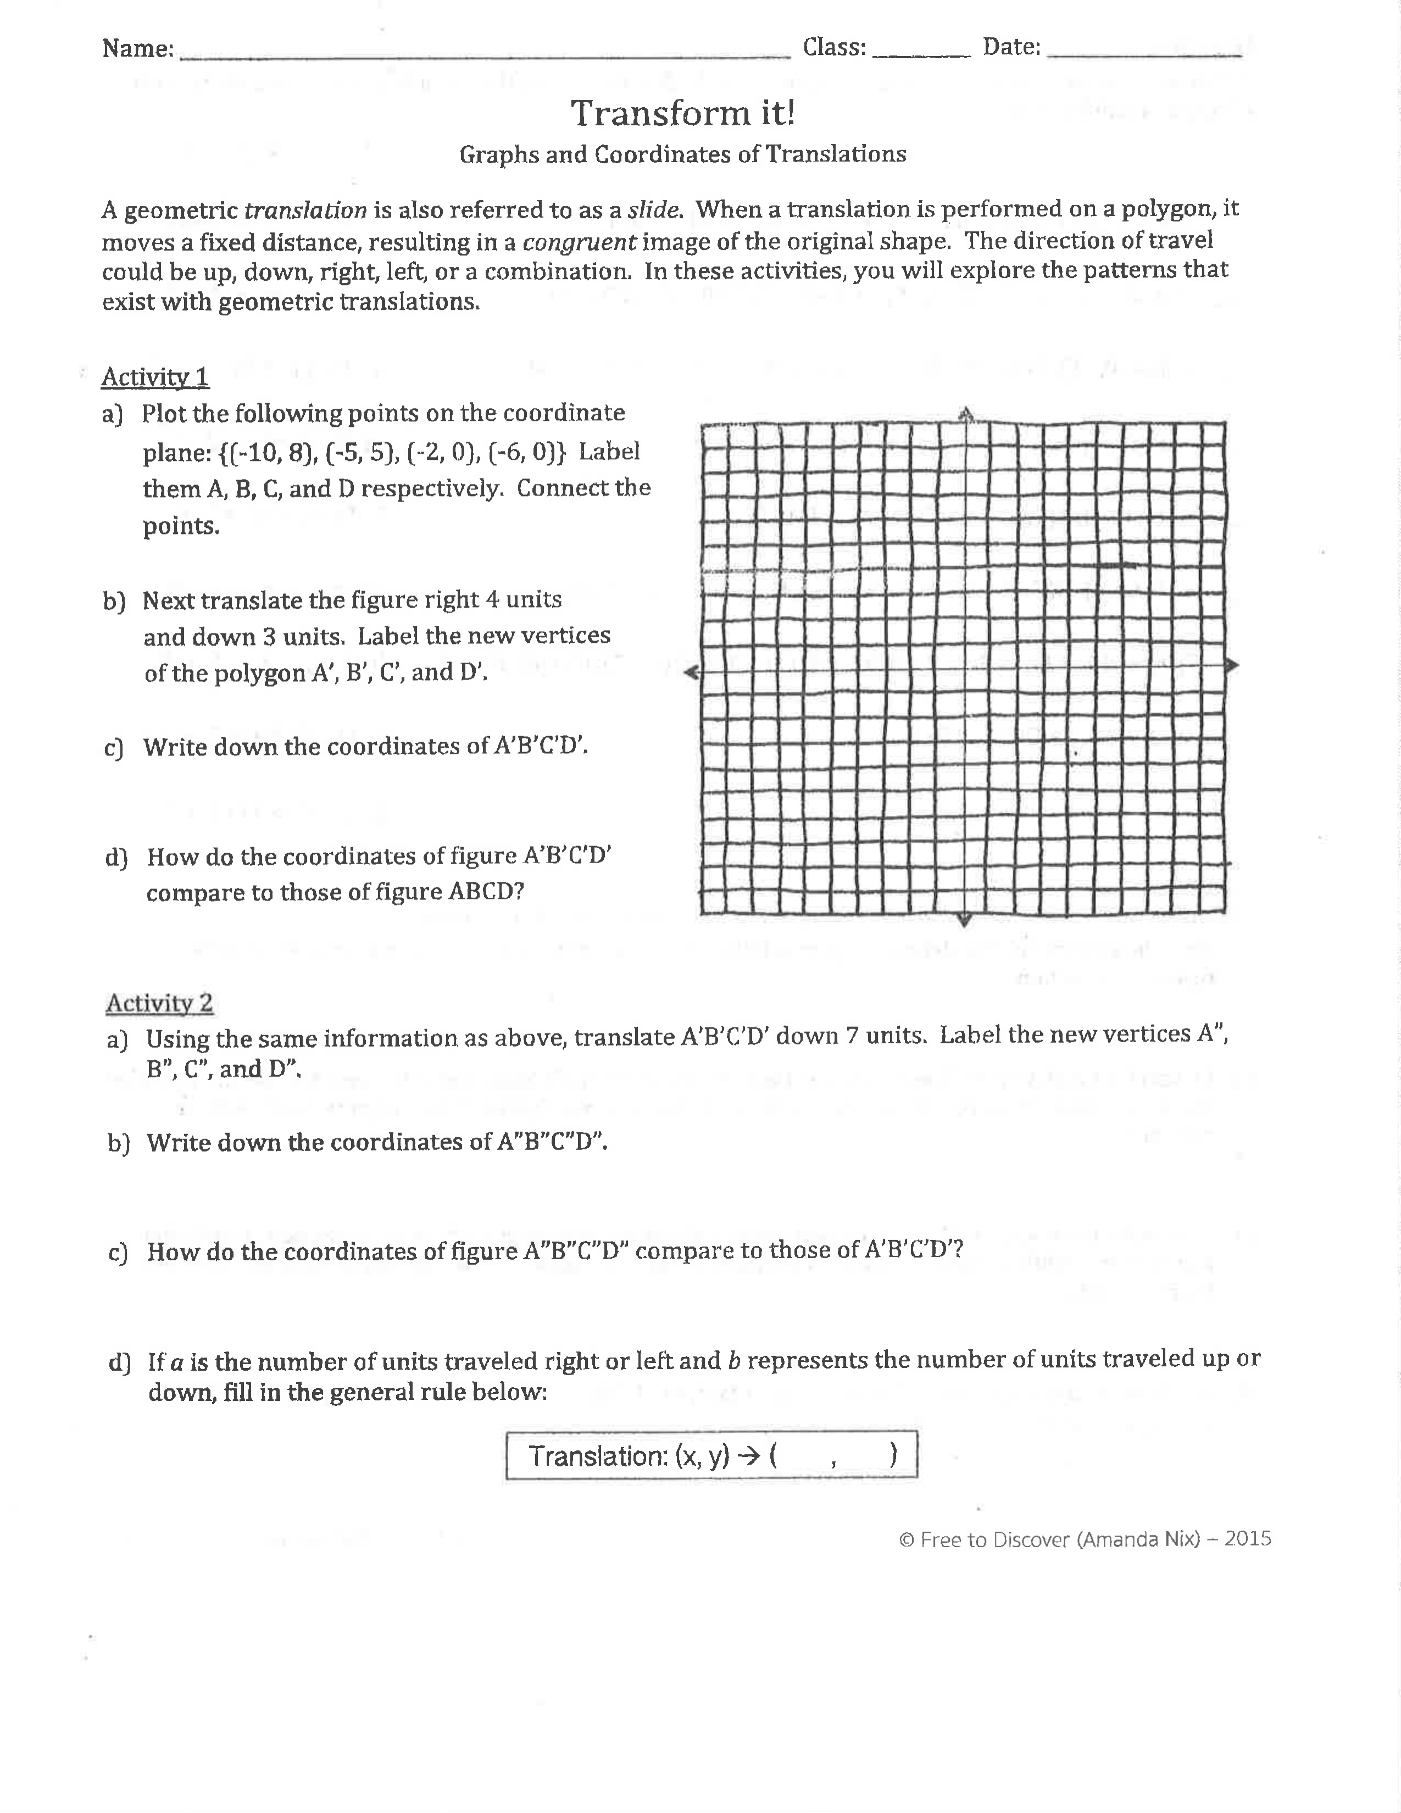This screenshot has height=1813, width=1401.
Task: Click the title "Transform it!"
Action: point(682,114)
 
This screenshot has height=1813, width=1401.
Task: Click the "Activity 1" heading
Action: point(154,378)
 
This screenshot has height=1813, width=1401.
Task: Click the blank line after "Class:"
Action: point(921,52)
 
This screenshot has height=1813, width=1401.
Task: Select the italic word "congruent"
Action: point(579,242)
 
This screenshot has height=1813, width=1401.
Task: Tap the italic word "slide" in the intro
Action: point(654,209)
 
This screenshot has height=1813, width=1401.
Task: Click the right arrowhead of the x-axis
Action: point(1232,665)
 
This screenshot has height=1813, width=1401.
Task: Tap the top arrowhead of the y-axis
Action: point(965,413)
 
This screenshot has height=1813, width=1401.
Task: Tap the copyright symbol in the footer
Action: point(907,1540)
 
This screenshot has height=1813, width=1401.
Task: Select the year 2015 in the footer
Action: point(1248,1538)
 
